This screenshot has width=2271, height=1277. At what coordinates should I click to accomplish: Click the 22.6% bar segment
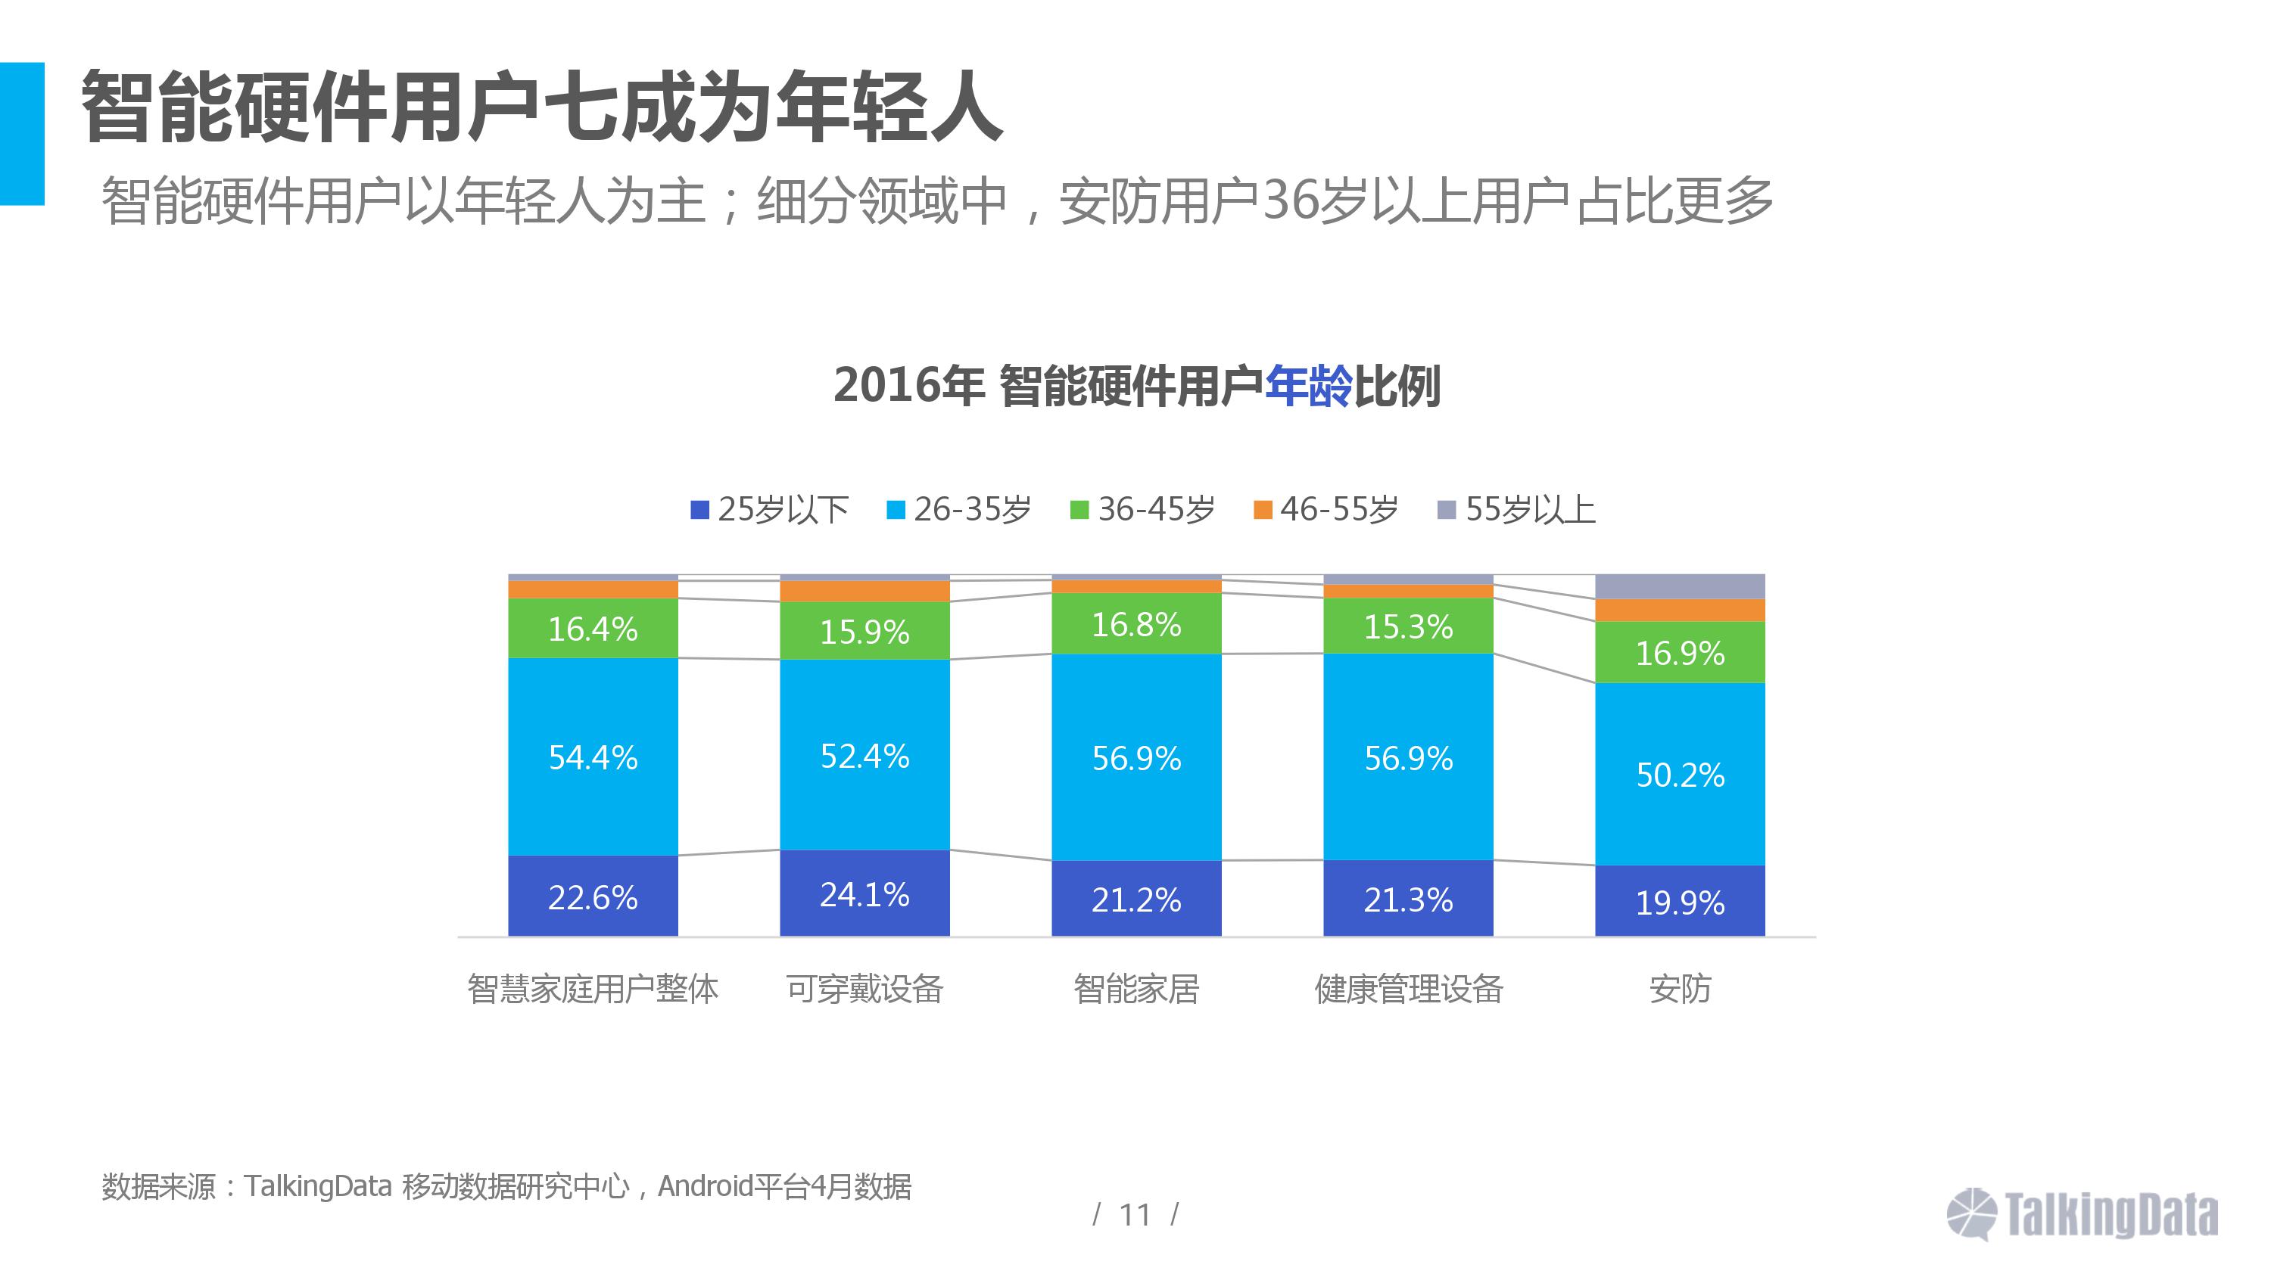tap(593, 896)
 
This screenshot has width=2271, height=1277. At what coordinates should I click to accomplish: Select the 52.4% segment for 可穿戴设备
tap(864, 755)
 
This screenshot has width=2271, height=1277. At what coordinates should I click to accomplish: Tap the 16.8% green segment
tap(1135, 624)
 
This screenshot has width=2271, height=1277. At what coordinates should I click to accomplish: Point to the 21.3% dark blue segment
tap(1408, 898)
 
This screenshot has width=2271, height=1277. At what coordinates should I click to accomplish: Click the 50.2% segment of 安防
tap(1680, 774)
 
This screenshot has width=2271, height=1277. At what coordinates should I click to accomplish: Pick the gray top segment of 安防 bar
tap(1680, 586)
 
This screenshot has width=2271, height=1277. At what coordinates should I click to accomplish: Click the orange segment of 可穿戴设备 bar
tap(864, 592)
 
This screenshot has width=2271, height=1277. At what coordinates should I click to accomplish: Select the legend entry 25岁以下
tap(770, 509)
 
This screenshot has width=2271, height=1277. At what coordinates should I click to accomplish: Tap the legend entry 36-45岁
tap(1142, 509)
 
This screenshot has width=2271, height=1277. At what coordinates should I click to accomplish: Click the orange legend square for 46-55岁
tap(1263, 509)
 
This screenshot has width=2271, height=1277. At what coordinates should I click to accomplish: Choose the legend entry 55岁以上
tap(1517, 509)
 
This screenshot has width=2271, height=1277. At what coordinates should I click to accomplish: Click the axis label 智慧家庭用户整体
tap(593, 989)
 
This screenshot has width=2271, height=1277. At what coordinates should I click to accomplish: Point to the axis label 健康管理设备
tap(1408, 989)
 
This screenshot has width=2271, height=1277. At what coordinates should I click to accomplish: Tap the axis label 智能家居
tap(1135, 989)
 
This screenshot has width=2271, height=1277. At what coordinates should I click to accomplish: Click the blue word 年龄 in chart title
tap(1307, 386)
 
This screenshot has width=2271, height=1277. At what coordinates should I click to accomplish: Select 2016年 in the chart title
tap(908, 386)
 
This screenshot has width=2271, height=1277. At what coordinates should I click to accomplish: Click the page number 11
tap(1135, 1215)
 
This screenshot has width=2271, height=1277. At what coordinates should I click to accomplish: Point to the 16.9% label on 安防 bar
tap(1680, 653)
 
